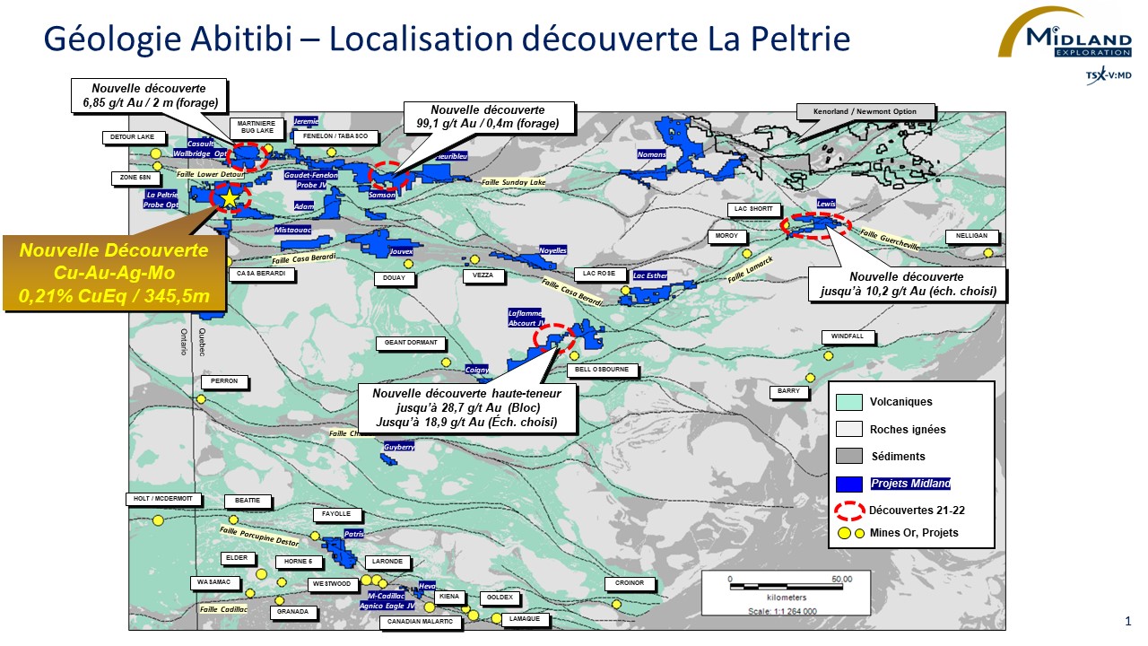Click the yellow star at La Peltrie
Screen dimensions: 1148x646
tap(230, 197)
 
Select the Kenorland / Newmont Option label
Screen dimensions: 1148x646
tap(866, 112)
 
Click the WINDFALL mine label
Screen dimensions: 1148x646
tap(847, 336)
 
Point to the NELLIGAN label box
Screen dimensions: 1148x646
tap(971, 236)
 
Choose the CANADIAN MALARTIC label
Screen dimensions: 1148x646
tap(420, 622)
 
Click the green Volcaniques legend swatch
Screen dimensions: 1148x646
tap(848, 402)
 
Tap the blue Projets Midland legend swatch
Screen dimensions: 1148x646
tap(848, 484)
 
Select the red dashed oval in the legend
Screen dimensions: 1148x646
tap(848, 511)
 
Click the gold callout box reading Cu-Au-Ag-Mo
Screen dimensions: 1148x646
tap(114, 273)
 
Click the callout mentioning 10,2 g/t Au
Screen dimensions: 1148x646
tap(906, 284)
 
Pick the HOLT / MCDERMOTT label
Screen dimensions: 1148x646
tap(163, 500)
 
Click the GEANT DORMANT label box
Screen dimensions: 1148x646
tap(411, 343)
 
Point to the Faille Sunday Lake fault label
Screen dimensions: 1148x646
tap(513, 182)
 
